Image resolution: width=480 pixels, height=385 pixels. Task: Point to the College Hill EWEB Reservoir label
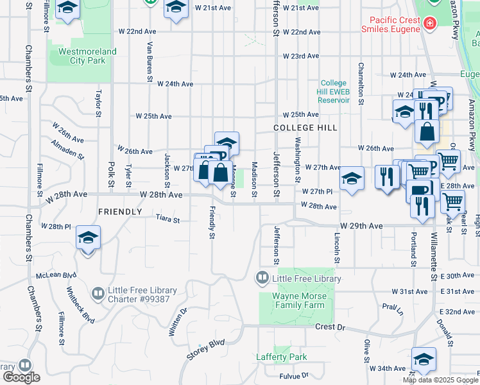pyautogui.click(x=334, y=91)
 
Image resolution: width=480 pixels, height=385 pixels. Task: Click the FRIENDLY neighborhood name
pyautogui.click(x=120, y=211)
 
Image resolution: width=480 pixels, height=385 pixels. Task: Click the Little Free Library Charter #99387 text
pyautogui.click(x=142, y=295)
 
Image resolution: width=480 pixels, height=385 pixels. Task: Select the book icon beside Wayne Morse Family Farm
pyautogui.click(x=262, y=278)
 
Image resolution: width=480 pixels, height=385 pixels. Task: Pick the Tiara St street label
pyautogui.click(x=167, y=219)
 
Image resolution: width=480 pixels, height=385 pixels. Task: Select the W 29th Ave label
pyautogui.click(x=361, y=226)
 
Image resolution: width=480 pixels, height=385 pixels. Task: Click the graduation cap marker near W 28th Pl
pyautogui.click(x=89, y=239)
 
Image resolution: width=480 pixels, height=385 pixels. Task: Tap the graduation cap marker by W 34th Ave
pyautogui.click(x=424, y=360)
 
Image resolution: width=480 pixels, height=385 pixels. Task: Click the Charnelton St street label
pyautogui.click(x=361, y=83)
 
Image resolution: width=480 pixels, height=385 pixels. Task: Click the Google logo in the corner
pyautogui.click(x=21, y=377)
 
